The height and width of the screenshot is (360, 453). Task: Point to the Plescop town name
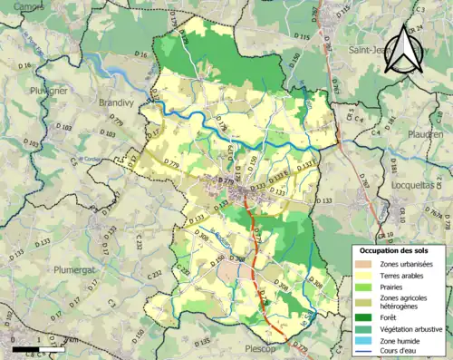point(284,349)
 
